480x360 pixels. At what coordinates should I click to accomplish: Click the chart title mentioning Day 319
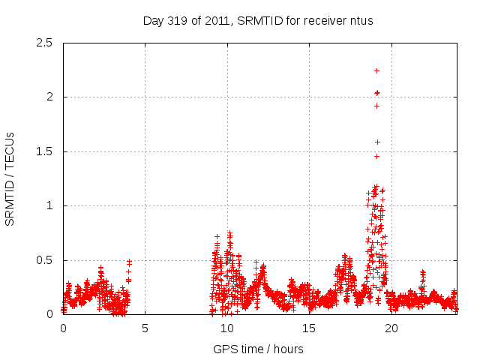tap(258, 20)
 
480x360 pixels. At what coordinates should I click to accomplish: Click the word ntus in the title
tap(361, 20)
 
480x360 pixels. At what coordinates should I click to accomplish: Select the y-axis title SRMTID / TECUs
tap(10, 178)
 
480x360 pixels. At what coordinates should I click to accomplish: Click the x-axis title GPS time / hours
tap(258, 349)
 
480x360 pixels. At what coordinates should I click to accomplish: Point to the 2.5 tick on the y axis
tap(44, 43)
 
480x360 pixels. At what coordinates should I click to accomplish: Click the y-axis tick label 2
tap(49, 97)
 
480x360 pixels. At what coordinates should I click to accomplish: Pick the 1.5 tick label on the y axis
tap(44, 151)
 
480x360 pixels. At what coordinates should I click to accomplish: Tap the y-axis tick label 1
tap(49, 205)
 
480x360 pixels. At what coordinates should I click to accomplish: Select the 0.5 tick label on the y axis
tap(44, 260)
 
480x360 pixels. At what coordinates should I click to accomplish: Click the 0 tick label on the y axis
tap(49, 314)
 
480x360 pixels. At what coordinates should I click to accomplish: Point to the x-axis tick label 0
tap(63, 328)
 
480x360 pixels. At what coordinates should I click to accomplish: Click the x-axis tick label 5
tap(145, 328)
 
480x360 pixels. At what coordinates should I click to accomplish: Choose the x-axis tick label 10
tap(226, 328)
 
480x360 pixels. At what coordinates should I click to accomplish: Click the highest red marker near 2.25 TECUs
tap(376, 70)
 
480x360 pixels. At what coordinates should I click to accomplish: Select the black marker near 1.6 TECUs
tap(377, 142)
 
